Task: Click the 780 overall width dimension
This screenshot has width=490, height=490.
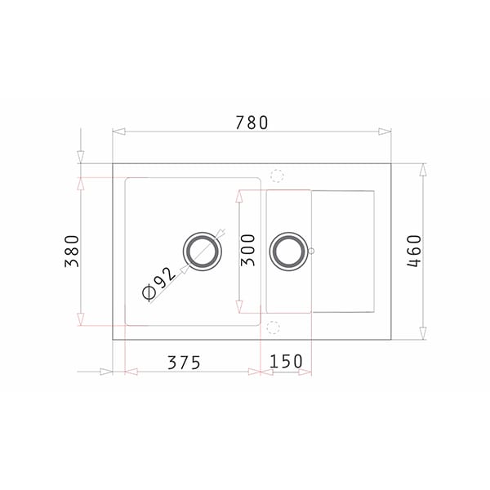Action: tap(252, 122)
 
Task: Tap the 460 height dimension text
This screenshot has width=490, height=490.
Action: tap(414, 251)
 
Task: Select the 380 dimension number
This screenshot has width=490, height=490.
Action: tap(72, 251)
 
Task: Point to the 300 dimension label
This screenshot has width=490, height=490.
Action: tap(247, 250)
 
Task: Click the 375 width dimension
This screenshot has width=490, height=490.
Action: tap(184, 363)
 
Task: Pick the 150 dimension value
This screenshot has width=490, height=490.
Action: tap(286, 361)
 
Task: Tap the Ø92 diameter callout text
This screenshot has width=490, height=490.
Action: tap(158, 284)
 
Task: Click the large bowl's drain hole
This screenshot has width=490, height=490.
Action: tap(203, 252)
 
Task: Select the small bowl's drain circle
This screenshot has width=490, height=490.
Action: tap(288, 251)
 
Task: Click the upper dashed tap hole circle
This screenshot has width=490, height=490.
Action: tap(277, 176)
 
